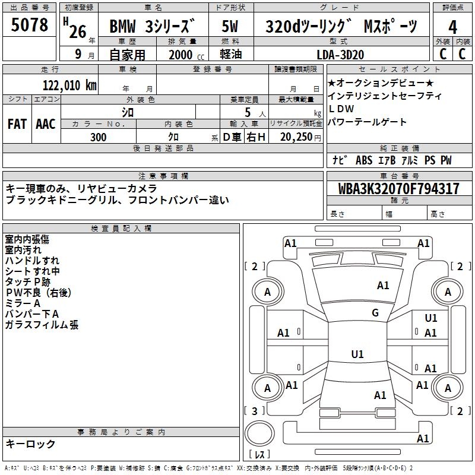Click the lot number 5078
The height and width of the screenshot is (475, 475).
coord(30,25)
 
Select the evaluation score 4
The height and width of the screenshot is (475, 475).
coord(452,27)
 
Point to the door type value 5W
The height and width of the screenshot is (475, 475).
coord(231,27)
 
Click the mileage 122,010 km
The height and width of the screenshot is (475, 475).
coord(69,85)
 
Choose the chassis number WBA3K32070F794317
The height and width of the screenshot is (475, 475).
coord(398,189)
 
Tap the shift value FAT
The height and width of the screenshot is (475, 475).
coord(17,123)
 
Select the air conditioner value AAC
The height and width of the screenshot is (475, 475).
coord(46,123)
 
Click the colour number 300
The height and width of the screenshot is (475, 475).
coord(99,137)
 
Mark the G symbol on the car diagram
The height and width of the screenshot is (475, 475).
coord(375,313)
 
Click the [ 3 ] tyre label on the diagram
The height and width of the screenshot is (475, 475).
coord(255,411)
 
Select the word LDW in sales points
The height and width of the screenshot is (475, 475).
coord(341,109)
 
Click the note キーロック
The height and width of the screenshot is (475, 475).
coord(30,444)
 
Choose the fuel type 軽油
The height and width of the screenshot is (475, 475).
coord(230,54)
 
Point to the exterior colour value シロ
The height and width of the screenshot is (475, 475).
coord(128,111)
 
